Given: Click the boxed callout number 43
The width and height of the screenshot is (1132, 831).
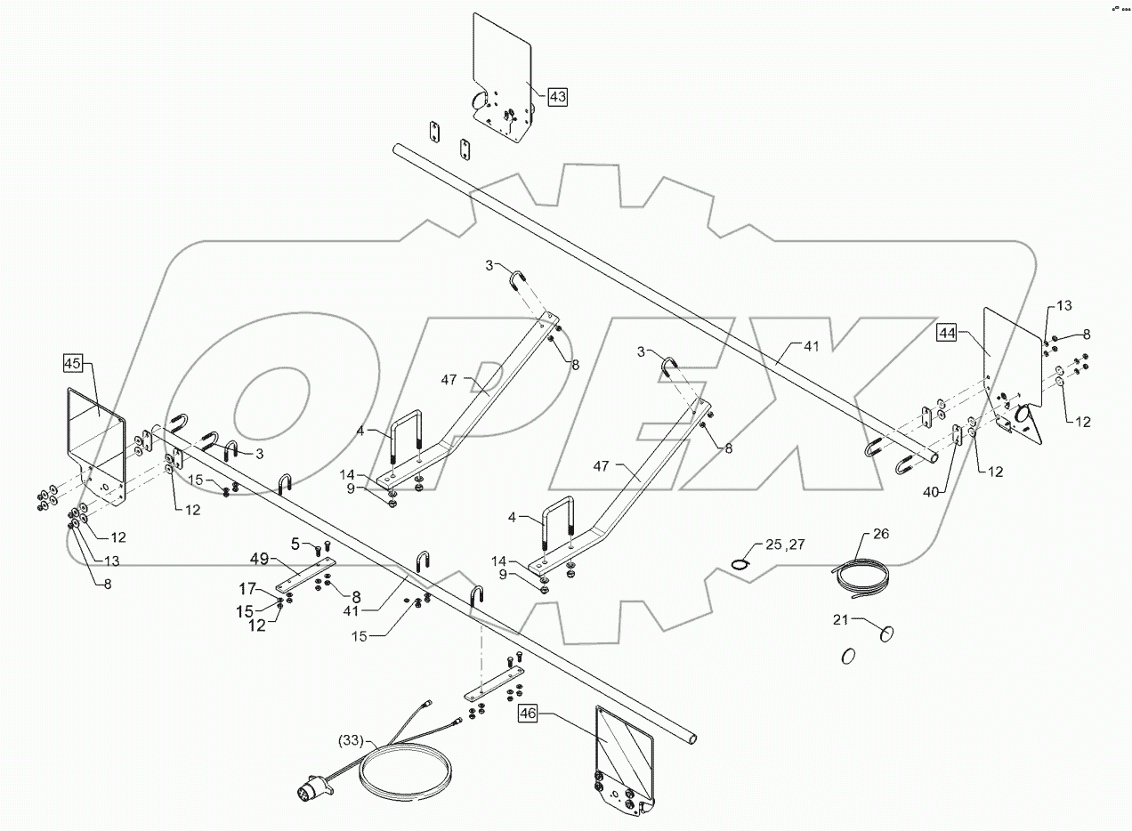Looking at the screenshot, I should point(556,97).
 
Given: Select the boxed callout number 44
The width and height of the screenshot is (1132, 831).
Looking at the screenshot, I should point(946,333).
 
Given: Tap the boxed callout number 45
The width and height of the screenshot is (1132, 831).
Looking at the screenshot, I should point(73,363).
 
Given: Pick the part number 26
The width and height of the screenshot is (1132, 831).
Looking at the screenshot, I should point(880,535).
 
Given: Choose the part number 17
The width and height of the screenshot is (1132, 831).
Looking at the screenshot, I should point(247,588).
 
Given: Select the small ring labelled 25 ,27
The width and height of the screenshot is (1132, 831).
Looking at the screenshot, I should point(740,563).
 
